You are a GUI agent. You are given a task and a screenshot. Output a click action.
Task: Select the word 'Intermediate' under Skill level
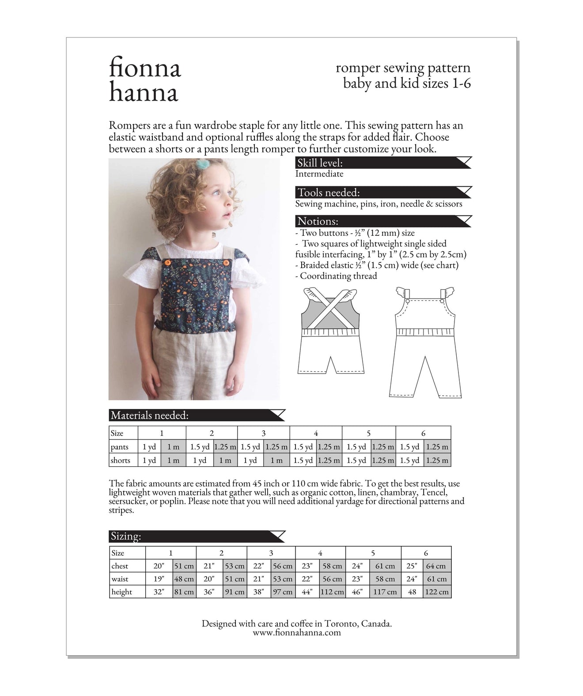coord(319,174)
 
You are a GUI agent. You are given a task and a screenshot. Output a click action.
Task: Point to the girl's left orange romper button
coord(167,263)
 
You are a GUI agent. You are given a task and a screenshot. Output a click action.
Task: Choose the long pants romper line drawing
coord(424,342)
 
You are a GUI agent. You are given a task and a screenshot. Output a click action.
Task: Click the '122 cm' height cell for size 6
coord(437,592)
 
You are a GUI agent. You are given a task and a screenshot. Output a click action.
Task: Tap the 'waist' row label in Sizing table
coord(120,579)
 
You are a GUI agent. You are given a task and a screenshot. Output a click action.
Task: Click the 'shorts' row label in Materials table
coord(121,460)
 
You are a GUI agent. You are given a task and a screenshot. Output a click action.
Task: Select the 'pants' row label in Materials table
coord(119,447)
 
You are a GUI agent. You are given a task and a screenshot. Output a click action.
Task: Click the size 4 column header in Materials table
coord(315,433)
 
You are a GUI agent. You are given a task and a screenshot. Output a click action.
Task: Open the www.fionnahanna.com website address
coord(297,633)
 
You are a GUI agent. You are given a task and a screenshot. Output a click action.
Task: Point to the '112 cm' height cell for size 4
coord(332,592)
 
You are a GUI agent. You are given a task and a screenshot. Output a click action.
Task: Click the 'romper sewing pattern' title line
coord(403,68)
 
